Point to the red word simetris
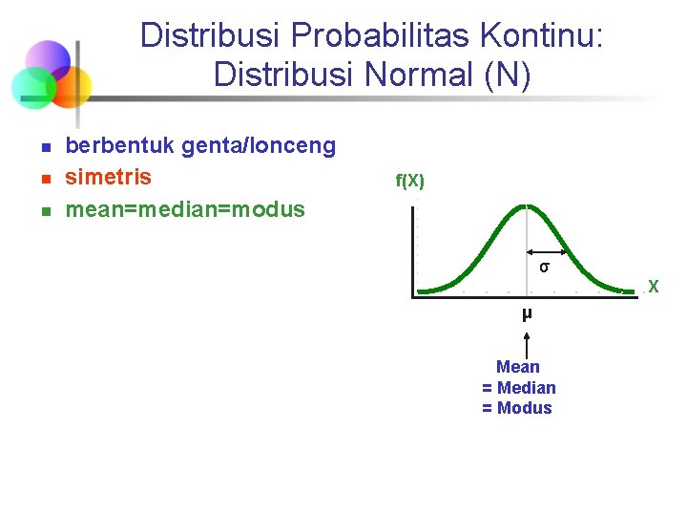(x=108, y=178)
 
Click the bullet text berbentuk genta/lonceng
(x=200, y=146)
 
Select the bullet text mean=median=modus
(x=185, y=209)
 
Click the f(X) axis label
(x=409, y=182)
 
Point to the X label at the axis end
(x=654, y=286)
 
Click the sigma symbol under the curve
(x=543, y=267)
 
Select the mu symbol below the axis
(x=527, y=313)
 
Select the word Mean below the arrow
(x=518, y=367)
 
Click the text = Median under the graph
(x=518, y=387)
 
